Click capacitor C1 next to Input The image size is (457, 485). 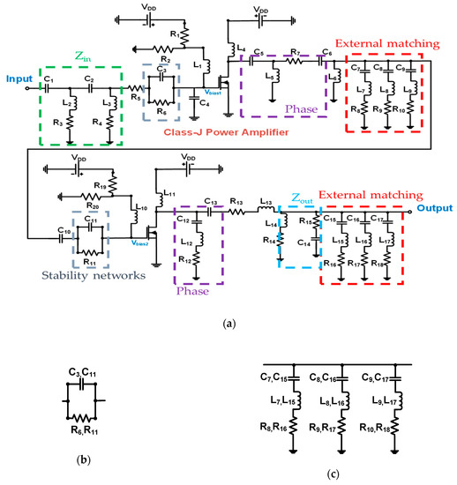(x=48, y=82)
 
